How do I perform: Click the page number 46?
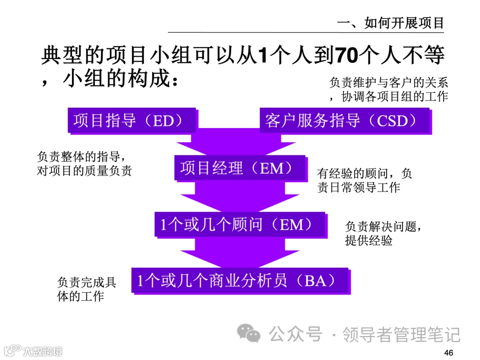[448, 353]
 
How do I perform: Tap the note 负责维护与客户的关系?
[388, 83]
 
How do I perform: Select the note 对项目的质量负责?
[84, 171]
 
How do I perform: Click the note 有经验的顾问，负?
[364, 173]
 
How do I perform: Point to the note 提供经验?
[369, 241]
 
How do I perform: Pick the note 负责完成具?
[87, 282]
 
